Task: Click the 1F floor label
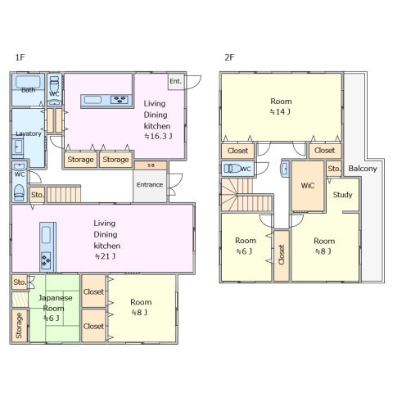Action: pos(20,57)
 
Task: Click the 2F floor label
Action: pos(229,57)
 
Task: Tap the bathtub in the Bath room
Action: pos(28,82)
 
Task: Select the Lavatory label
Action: pos(29,133)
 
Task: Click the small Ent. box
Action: pos(176,81)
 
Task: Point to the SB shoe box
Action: pos(151,165)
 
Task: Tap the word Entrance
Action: pos(150,185)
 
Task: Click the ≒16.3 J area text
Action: pos(158,136)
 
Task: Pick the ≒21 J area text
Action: pos(105,256)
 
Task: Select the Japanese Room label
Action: pos(55,303)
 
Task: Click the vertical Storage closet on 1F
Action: pos(20,325)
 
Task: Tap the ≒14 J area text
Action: pos(280,111)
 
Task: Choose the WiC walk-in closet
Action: pos(308,186)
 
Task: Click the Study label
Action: pos(342,195)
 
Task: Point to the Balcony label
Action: pos(363,169)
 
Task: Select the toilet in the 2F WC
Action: pos(232,169)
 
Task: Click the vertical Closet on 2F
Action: pos(282,255)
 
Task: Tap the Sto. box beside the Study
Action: pos(334,169)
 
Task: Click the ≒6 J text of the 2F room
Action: pos(244,251)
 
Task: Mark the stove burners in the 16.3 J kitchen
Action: pos(120,100)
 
